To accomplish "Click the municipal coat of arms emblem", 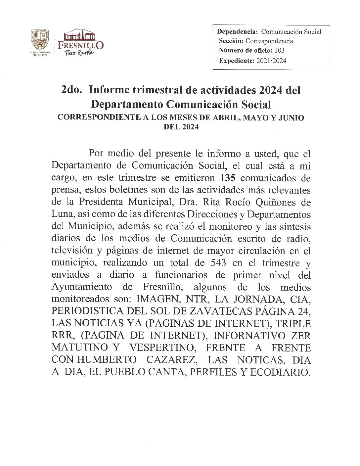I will tap(40, 40).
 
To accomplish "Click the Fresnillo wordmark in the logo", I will tap(81, 45).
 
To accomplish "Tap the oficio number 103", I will tap(279, 50).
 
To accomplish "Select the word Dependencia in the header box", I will tap(237, 32).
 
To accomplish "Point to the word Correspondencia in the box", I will tap(269, 41).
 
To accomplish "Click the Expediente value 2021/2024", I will tap(271, 61).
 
